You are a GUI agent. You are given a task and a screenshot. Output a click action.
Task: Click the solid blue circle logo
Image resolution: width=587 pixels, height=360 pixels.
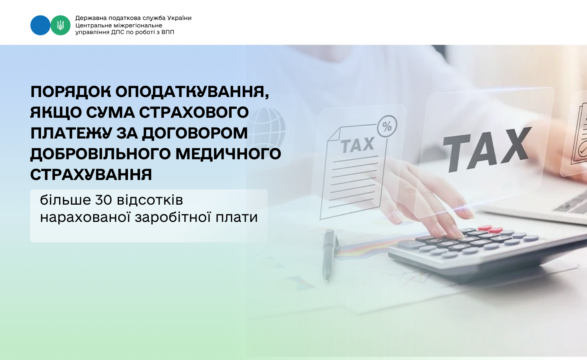pos(40,25)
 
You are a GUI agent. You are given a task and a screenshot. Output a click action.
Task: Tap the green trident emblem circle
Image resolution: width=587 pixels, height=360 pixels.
pos(61,25)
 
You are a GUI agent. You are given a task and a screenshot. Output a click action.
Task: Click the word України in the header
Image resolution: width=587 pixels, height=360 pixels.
pos(179,18)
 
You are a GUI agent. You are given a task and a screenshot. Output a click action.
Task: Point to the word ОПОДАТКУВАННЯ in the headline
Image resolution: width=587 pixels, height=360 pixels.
pos(193,92)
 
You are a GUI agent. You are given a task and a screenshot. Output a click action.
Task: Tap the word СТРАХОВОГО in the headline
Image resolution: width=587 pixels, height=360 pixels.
pos(194,113)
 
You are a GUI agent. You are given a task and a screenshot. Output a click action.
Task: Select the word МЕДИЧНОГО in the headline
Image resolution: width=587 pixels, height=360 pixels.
pos(228,154)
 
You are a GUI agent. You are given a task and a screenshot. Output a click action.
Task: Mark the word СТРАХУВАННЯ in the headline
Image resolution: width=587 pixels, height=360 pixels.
pos(91,175)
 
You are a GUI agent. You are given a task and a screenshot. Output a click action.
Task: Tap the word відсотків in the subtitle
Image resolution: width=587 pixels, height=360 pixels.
pos(150,200)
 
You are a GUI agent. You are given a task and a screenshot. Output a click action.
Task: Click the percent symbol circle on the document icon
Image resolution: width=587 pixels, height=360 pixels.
pos(387,126)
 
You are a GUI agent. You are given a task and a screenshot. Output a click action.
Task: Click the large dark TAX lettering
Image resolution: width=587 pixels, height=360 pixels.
pos(486,149)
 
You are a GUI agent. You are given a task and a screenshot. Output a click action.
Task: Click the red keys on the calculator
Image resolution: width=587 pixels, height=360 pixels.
pos(490,229)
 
